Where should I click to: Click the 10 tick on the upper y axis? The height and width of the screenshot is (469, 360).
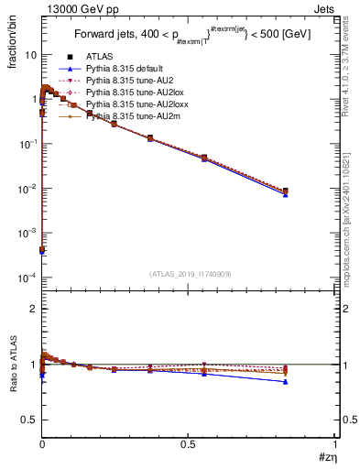click(x=30, y=55)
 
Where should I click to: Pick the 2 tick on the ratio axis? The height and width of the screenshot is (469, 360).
click(x=34, y=309)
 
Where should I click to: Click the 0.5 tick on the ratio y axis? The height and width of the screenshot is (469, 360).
click(x=30, y=420)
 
